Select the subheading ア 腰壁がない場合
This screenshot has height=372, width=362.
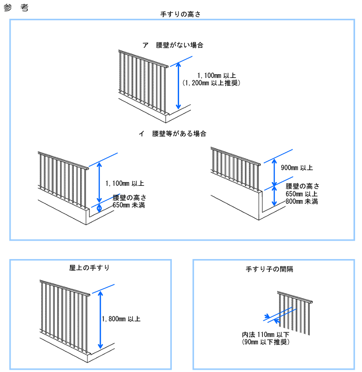click(x=173, y=45)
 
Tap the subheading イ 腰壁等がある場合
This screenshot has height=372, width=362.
click(x=173, y=134)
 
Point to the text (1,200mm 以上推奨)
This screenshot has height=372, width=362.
click(x=212, y=83)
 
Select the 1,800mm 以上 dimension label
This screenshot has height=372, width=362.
click(x=121, y=319)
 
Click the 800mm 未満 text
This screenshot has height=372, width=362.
click(x=302, y=201)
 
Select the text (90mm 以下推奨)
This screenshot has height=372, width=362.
click(x=265, y=342)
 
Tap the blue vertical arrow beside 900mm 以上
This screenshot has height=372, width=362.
click(x=274, y=172)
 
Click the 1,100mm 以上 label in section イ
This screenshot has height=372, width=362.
click(x=124, y=183)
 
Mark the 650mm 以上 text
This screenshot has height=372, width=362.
click(x=302, y=194)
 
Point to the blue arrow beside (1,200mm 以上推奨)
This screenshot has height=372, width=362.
click(x=179, y=87)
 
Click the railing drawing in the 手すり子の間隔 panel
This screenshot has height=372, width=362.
click(x=297, y=313)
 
